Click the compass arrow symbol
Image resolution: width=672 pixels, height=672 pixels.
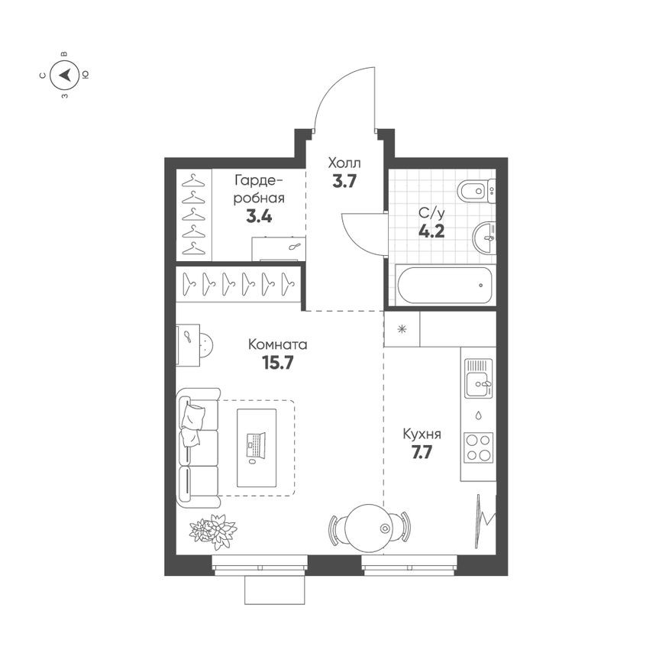pyautogui.click(x=65, y=75)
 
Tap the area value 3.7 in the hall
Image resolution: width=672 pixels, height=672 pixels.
pyautogui.click(x=344, y=182)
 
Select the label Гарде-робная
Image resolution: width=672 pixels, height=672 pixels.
pyautogui.click(x=260, y=189)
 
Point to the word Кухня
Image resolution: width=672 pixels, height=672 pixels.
pyautogui.click(x=422, y=435)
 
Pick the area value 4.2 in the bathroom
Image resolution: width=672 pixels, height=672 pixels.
pyautogui.click(x=432, y=230)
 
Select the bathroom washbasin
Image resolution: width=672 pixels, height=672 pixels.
pyautogui.click(x=483, y=237)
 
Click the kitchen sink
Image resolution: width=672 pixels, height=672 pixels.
pyautogui.click(x=478, y=378)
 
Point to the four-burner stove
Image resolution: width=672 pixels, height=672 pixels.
pyautogui.click(x=479, y=447)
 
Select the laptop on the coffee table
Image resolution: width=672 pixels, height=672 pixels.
pyautogui.click(x=254, y=444)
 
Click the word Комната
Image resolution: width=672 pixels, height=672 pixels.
pyautogui.click(x=277, y=344)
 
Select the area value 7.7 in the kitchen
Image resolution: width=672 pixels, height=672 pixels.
pyautogui.click(x=422, y=452)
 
